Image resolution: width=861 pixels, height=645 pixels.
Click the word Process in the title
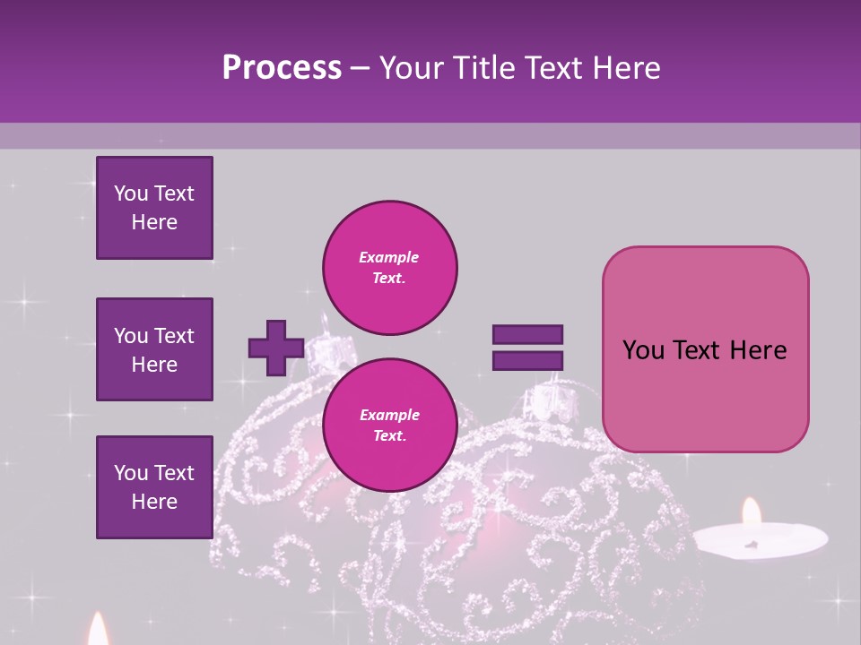[x=282, y=68]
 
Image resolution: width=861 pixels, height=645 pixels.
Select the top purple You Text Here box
[x=154, y=208]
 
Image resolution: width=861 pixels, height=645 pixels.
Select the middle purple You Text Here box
[x=154, y=349]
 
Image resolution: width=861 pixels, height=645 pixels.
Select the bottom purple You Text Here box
[x=154, y=486]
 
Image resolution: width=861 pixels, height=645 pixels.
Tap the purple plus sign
[x=276, y=348]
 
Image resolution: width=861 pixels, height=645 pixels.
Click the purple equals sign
[x=527, y=348]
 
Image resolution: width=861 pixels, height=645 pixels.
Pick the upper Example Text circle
[x=389, y=268]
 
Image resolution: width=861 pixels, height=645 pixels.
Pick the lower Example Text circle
[x=389, y=426]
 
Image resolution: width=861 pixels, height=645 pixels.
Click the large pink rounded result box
[x=705, y=349]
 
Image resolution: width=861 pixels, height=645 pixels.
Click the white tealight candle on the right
[x=761, y=540]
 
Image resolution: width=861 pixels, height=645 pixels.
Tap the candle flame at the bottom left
[x=98, y=630]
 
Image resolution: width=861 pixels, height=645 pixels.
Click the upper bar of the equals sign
[x=527, y=334]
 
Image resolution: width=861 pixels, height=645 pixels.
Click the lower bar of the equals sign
[x=527, y=361]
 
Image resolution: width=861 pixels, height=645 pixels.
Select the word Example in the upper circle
[x=389, y=257]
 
